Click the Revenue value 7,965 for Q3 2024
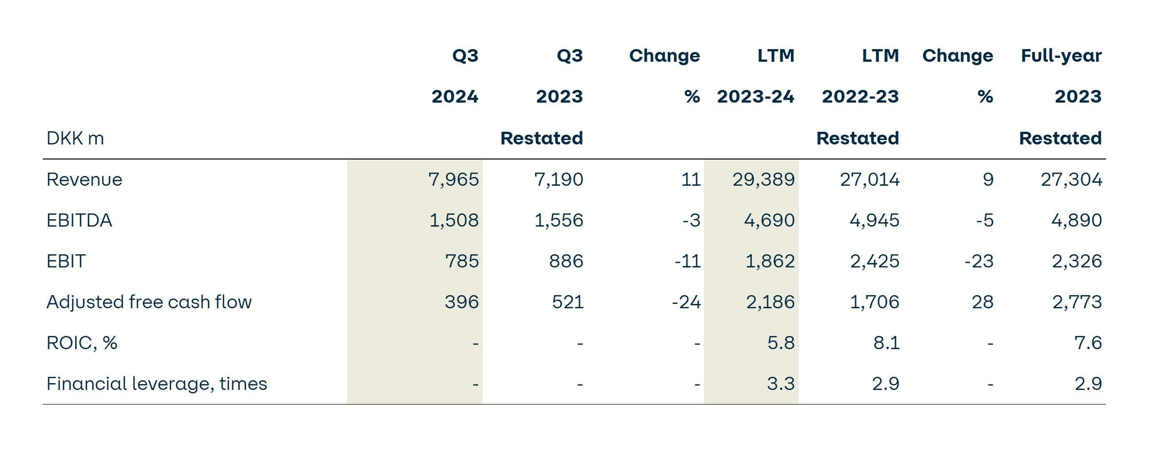453,180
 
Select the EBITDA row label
79,221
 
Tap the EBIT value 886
566,262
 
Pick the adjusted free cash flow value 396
461,302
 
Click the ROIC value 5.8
781,343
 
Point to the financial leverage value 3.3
781,384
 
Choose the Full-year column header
1061,56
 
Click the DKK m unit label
75,139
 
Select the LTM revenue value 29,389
763,180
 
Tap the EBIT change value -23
979,262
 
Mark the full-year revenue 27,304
1071,180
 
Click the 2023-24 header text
756,97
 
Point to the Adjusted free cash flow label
149,302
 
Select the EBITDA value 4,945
874,221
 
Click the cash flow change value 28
982,302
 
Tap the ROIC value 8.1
886,343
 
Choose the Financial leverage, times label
157,384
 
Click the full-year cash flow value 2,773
1077,302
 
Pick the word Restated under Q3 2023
542,139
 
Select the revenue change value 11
690,180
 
